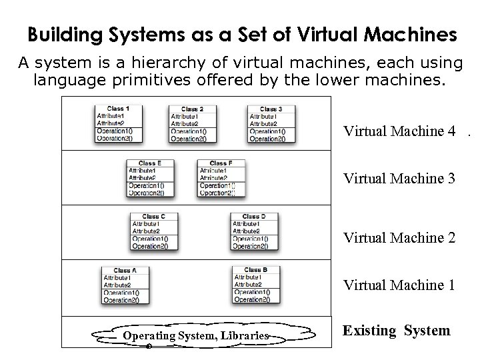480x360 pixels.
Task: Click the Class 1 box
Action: (x=119, y=123)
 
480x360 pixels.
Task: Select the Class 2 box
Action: (x=192, y=123)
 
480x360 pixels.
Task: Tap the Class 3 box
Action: (x=272, y=123)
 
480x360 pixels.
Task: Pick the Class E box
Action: (x=151, y=178)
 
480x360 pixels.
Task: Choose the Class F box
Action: (x=221, y=178)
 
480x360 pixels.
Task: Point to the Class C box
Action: (x=154, y=231)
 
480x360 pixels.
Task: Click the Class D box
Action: (x=254, y=231)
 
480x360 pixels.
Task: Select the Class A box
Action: (x=125, y=285)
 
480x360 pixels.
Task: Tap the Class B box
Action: (x=256, y=285)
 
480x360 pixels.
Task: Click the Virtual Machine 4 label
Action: (x=399, y=131)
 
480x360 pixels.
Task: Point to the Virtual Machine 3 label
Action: (x=399, y=179)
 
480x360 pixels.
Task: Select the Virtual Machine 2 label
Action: (x=399, y=237)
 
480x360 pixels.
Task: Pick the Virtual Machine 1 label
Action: (x=399, y=285)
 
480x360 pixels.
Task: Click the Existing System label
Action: (x=396, y=331)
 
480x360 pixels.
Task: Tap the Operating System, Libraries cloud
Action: (x=196, y=335)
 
